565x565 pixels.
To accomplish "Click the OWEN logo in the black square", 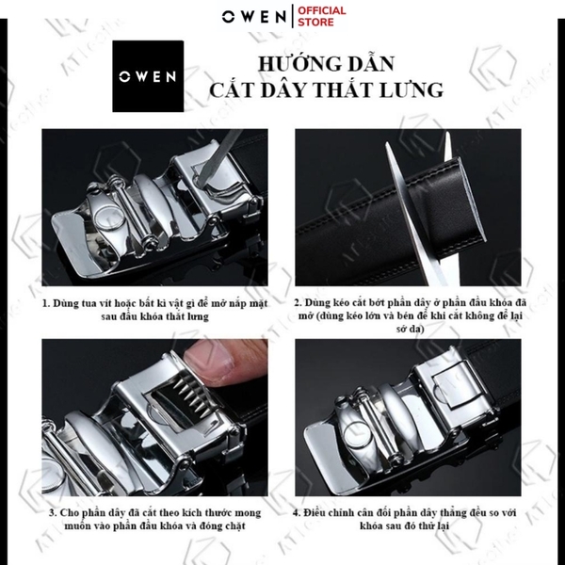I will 147,75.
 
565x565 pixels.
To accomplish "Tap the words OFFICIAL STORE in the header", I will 323,18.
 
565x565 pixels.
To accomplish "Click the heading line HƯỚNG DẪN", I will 327,65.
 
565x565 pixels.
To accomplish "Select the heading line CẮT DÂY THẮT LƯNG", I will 327,91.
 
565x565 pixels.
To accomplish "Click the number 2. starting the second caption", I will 298,304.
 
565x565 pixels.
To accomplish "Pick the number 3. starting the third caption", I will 52,513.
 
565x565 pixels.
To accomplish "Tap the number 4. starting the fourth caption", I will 297,513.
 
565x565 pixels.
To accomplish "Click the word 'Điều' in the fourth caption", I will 318,513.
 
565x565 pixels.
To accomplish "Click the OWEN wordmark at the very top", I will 257,17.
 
